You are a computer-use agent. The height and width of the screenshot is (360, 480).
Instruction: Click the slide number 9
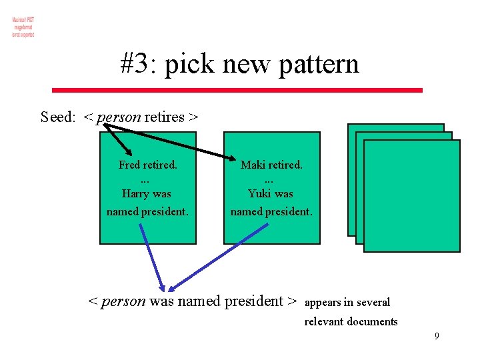click(x=437, y=336)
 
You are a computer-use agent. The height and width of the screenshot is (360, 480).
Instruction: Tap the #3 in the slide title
click(x=135, y=65)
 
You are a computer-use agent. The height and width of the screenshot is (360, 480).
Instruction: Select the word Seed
click(x=57, y=117)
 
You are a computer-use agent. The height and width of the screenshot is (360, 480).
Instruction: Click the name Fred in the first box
click(x=131, y=165)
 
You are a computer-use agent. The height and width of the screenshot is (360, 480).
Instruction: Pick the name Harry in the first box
click(x=137, y=194)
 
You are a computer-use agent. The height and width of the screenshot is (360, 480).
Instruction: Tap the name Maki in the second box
click(x=253, y=165)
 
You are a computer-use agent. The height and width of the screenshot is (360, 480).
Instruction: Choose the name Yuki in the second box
click(x=260, y=194)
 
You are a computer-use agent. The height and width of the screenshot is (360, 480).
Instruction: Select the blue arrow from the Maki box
click(x=220, y=257)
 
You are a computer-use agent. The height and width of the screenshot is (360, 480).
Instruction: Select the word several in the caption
click(x=373, y=303)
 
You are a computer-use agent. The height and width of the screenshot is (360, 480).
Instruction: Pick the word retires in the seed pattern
click(x=164, y=117)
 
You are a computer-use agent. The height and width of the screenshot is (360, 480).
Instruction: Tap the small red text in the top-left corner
click(x=23, y=26)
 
